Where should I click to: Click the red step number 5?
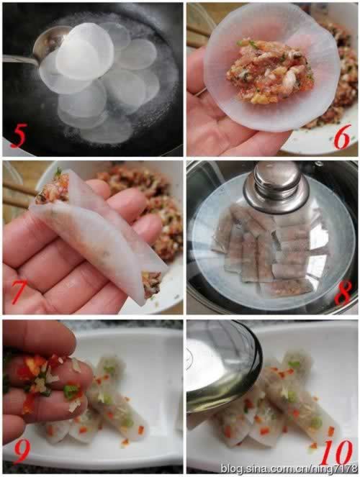pos(18,138)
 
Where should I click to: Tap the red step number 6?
pos(342,137)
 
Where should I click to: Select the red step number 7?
pos(19,293)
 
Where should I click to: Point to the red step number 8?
pos(343,293)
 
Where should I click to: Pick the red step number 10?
pos(337,453)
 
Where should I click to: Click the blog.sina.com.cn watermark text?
pos(289,468)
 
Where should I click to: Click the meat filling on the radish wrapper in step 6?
pos(270,73)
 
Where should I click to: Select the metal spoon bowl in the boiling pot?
pos(49,42)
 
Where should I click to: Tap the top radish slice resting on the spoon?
pos(85,53)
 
